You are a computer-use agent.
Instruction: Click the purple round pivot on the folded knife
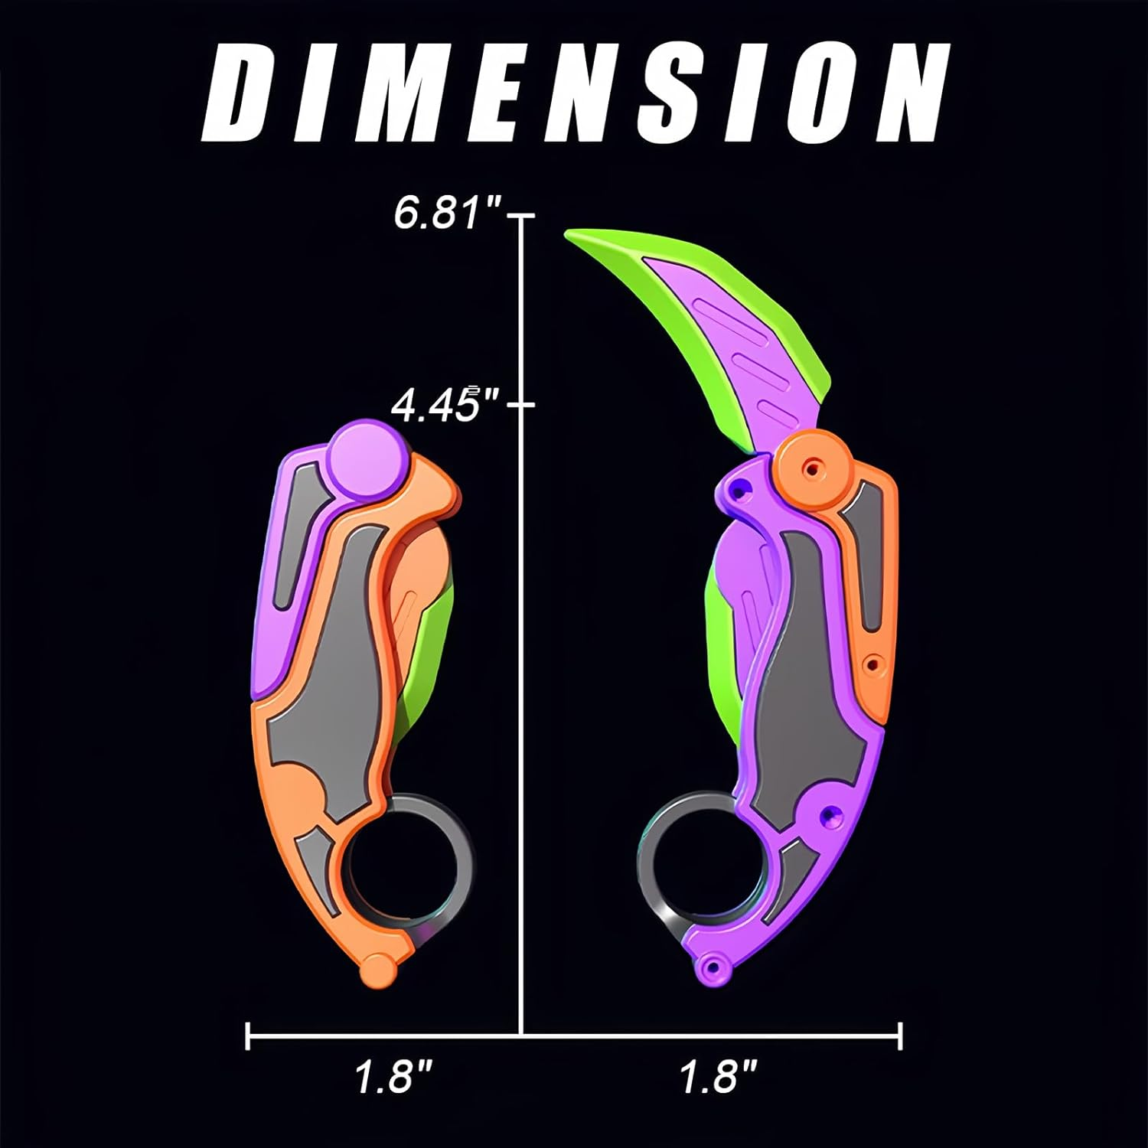[x=369, y=460]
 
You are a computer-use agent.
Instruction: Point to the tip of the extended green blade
[x=571, y=236]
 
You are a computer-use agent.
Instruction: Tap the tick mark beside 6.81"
[x=522, y=217]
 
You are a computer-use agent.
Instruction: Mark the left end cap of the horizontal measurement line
[x=248, y=1036]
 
